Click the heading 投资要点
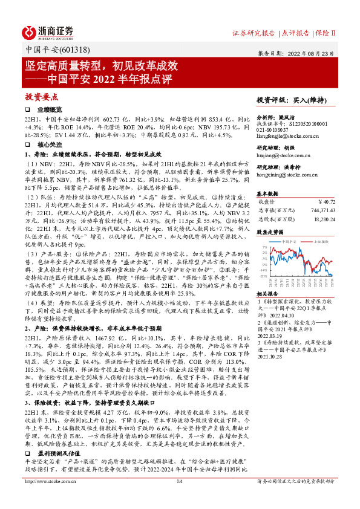41,97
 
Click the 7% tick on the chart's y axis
263,248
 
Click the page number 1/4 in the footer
180,498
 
